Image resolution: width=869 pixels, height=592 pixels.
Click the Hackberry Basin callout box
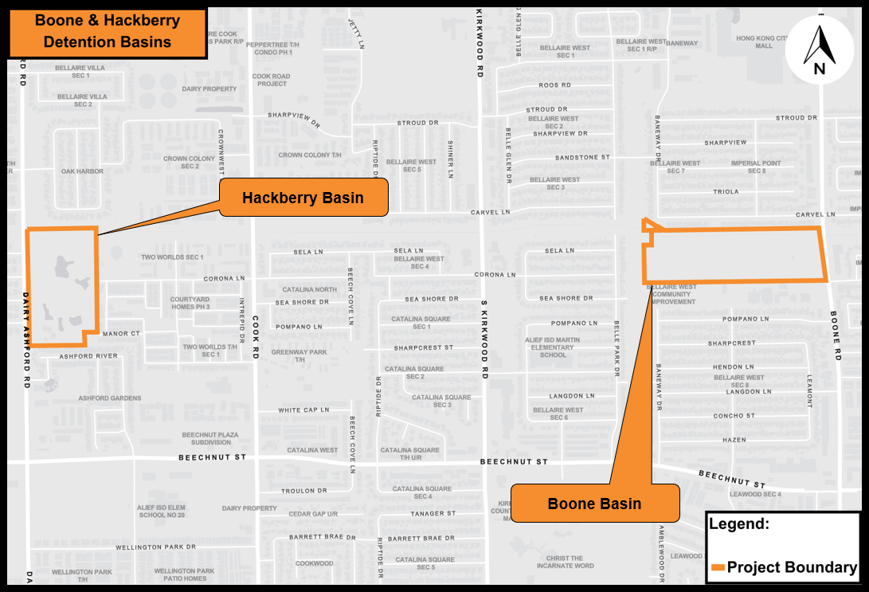303,198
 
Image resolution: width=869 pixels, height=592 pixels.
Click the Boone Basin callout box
594,504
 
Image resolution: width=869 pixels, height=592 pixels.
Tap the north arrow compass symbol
819,49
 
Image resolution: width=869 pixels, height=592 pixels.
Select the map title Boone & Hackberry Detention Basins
108,32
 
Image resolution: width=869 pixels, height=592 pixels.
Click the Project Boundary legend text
792,567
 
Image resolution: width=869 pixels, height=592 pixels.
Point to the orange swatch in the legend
717,567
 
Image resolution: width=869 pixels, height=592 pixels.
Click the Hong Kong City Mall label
764,41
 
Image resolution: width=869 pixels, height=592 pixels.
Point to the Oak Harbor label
83,171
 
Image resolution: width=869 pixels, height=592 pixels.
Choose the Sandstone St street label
582,158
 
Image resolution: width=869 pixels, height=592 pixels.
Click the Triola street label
726,192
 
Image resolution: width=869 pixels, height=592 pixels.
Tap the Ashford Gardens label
110,398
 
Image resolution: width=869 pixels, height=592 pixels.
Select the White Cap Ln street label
303,410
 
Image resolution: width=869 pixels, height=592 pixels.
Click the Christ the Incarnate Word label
565,562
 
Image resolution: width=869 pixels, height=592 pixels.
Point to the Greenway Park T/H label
299,355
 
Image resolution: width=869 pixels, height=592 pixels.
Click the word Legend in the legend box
738,524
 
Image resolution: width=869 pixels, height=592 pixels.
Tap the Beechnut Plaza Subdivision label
210,438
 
